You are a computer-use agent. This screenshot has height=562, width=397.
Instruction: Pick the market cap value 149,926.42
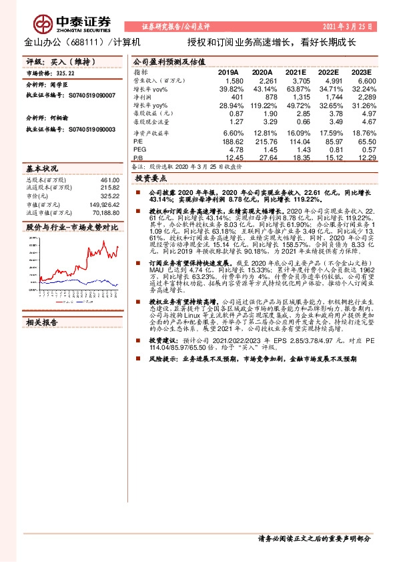tap(103, 205)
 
